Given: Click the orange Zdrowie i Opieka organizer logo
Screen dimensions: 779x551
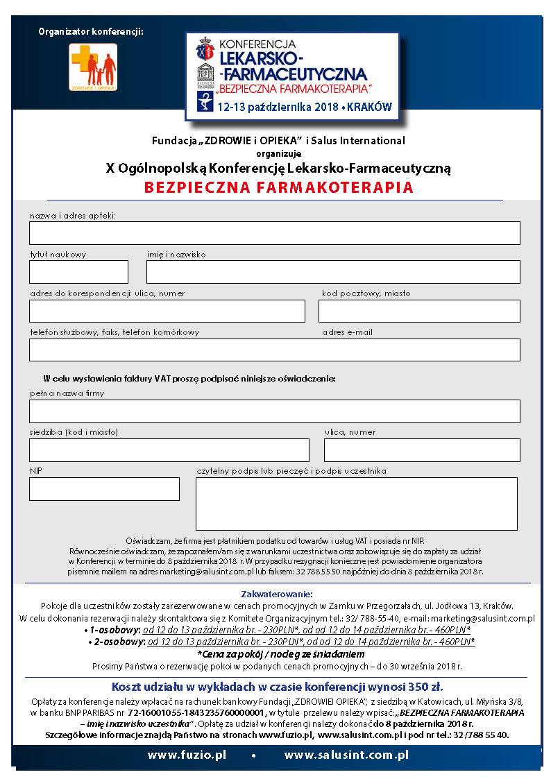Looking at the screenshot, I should coord(93,67).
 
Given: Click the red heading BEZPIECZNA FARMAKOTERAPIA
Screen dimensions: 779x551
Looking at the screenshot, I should coord(278,187).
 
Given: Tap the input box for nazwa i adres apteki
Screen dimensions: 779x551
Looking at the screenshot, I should coord(274,233).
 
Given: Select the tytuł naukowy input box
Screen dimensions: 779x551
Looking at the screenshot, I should coord(78,272).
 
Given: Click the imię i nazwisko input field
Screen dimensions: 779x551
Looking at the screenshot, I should coord(333,272).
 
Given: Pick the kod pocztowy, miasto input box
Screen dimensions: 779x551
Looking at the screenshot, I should coord(419,311).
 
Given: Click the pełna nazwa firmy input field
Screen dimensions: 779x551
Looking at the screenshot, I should coord(274,411).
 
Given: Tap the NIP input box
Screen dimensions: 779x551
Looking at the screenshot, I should coord(104,489).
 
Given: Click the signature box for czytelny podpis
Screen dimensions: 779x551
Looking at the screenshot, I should coord(356,504).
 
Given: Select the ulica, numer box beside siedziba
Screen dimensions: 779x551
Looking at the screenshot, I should coord(422,450).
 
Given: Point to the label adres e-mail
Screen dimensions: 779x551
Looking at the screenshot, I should coord(347,332).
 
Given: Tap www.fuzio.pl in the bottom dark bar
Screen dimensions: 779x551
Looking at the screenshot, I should coord(187,755).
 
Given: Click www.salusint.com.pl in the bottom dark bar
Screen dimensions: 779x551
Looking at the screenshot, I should coord(346,755).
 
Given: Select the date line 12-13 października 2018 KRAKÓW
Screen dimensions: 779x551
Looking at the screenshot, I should coord(304,108).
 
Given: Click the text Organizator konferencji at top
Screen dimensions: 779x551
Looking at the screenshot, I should coord(91,31).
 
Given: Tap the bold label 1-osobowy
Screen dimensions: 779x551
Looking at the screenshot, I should coord(111,630).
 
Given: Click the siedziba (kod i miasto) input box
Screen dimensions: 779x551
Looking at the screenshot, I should coord(169,450).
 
